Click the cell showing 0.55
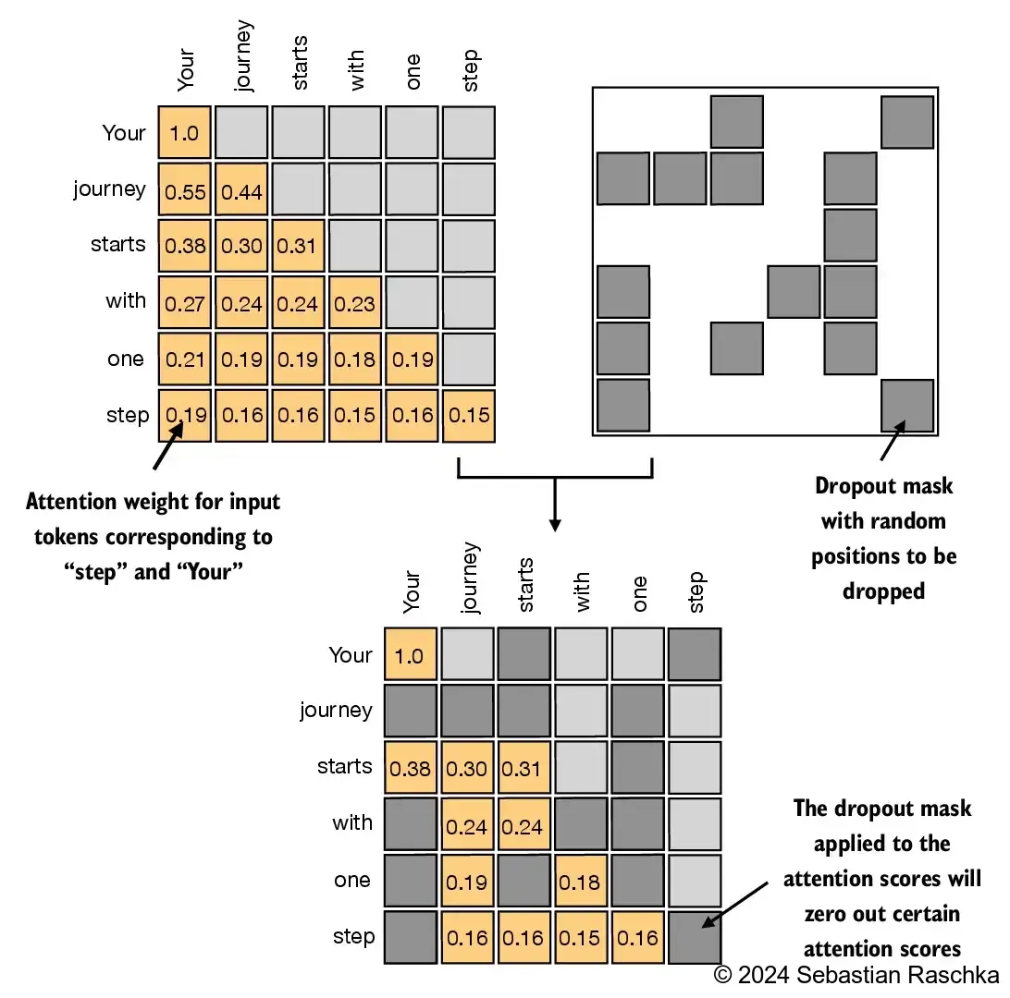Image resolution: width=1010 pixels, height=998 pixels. [x=184, y=189]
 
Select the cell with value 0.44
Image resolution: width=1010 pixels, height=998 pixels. [x=241, y=189]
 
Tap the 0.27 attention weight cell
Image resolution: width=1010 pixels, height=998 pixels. [x=184, y=302]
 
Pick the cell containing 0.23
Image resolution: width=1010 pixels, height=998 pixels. [x=354, y=302]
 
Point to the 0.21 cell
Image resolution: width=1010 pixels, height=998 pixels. [x=184, y=359]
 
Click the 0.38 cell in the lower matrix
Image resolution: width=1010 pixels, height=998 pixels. [x=410, y=768]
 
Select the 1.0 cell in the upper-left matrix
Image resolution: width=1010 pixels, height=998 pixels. [x=184, y=133]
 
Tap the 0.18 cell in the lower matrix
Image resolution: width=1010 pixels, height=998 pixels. [x=580, y=881]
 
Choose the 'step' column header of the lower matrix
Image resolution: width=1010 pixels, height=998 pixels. [x=696, y=592]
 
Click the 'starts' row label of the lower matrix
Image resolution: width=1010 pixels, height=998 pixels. [x=344, y=767]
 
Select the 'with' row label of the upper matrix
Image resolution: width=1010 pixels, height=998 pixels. [x=125, y=301]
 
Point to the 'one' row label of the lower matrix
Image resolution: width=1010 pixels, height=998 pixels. [x=352, y=881]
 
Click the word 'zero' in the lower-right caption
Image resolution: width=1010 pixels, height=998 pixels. [x=829, y=914]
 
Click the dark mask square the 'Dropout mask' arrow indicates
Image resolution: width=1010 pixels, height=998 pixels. [x=907, y=406]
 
